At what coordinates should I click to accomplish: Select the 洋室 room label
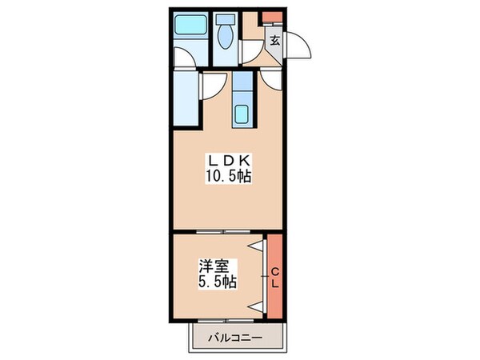(211, 266)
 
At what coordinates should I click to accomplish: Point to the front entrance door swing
(301, 45)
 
